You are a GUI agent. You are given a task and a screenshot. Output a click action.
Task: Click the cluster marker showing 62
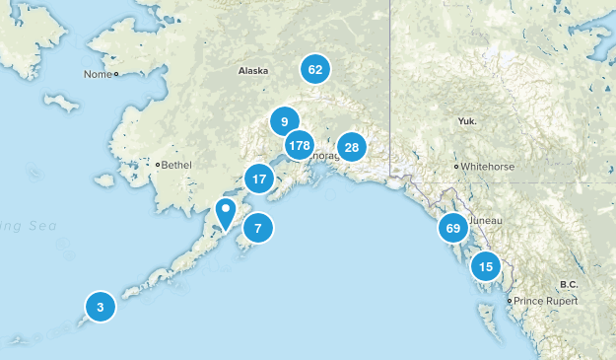click(x=315, y=69)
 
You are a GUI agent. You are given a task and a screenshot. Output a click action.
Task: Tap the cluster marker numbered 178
click(x=299, y=146)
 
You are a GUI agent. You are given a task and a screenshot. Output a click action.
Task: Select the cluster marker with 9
click(x=284, y=121)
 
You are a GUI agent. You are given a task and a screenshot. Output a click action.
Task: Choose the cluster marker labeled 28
click(x=351, y=147)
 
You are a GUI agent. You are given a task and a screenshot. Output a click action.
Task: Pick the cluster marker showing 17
click(x=259, y=180)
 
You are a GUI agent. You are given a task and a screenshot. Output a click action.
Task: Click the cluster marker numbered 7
click(x=257, y=228)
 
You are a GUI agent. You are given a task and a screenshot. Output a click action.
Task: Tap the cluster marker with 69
click(x=453, y=228)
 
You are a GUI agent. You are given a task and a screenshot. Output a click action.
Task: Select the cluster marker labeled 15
click(x=485, y=265)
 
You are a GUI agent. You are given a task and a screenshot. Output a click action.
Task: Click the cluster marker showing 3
click(x=100, y=307)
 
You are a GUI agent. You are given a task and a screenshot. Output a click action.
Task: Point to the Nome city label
click(x=98, y=74)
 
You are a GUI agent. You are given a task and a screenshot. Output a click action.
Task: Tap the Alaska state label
click(x=253, y=71)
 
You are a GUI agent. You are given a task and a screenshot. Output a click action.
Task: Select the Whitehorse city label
click(x=488, y=167)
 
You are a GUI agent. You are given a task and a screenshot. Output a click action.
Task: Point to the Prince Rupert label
click(x=543, y=300)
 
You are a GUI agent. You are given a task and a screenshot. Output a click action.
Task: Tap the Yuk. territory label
click(x=467, y=120)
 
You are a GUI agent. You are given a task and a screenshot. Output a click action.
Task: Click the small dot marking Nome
click(x=115, y=74)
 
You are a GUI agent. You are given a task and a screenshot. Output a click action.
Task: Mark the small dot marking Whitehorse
click(x=455, y=167)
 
